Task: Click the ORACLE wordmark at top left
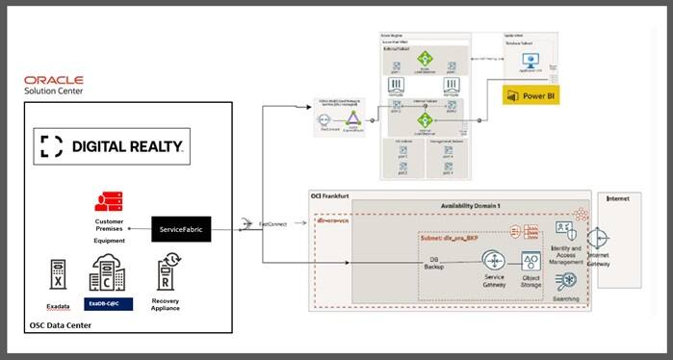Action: coord(54,80)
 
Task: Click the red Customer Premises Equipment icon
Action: coord(108,202)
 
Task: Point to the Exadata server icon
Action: coord(58,273)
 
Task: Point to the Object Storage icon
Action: coord(531,261)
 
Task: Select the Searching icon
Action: coord(566,280)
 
